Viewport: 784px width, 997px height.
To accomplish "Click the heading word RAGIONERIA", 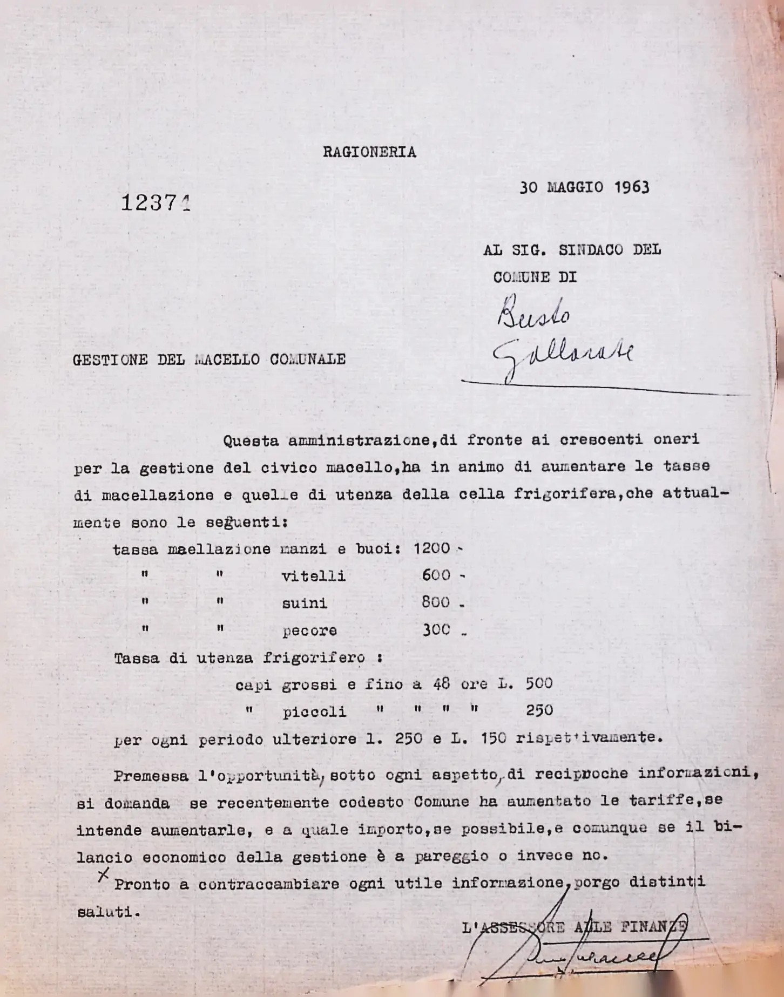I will [369, 153].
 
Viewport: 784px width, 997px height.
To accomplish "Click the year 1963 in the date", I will [631, 187].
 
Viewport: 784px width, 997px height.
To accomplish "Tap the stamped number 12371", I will [156, 204].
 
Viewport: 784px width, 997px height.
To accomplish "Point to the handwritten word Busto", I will [532, 314].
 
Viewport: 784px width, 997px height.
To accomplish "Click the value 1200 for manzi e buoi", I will [431, 548].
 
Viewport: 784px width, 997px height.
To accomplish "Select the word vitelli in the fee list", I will [313, 576].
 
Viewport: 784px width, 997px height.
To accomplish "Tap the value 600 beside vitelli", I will [436, 575].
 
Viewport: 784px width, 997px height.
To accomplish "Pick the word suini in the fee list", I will [305, 603].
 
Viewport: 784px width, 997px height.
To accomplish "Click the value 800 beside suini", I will [436, 602].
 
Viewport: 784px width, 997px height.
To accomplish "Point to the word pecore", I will [309, 631].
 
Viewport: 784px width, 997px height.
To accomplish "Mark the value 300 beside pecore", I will [436, 629].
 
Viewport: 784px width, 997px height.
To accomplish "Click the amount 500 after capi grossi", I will [539, 683].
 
